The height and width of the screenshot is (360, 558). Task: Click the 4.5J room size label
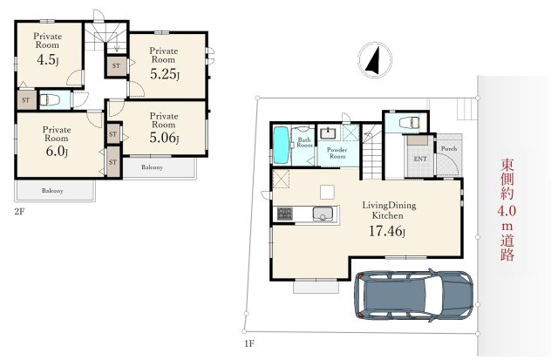pos(48,60)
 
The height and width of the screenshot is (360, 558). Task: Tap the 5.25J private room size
pos(165,74)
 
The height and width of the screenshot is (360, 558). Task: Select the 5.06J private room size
pos(164,138)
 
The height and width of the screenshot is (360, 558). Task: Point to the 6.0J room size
pos(57,151)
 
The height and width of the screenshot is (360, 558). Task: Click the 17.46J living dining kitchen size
pos(387,231)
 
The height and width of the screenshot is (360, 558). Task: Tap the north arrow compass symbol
pos(375,59)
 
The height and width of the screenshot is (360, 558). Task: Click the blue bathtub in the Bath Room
pos(281,146)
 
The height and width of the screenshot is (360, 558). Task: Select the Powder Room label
pos(337,153)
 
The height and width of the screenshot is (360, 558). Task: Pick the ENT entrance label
pos(420,159)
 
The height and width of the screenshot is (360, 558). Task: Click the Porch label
pos(449,149)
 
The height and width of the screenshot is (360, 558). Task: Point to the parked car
pos(413,295)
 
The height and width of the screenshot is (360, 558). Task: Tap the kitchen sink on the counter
pos(323,214)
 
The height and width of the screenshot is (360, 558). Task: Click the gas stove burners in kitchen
pos(285,214)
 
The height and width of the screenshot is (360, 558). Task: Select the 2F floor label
pos(19,212)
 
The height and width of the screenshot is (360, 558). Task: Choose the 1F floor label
pos(249,343)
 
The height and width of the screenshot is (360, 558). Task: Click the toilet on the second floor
pos(50,100)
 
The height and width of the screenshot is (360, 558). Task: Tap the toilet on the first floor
pos(410,123)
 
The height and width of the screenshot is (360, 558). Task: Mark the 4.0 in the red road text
pos(507,212)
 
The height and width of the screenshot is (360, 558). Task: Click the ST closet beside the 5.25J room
pos(116,65)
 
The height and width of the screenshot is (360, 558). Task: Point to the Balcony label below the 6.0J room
pos(52,191)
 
